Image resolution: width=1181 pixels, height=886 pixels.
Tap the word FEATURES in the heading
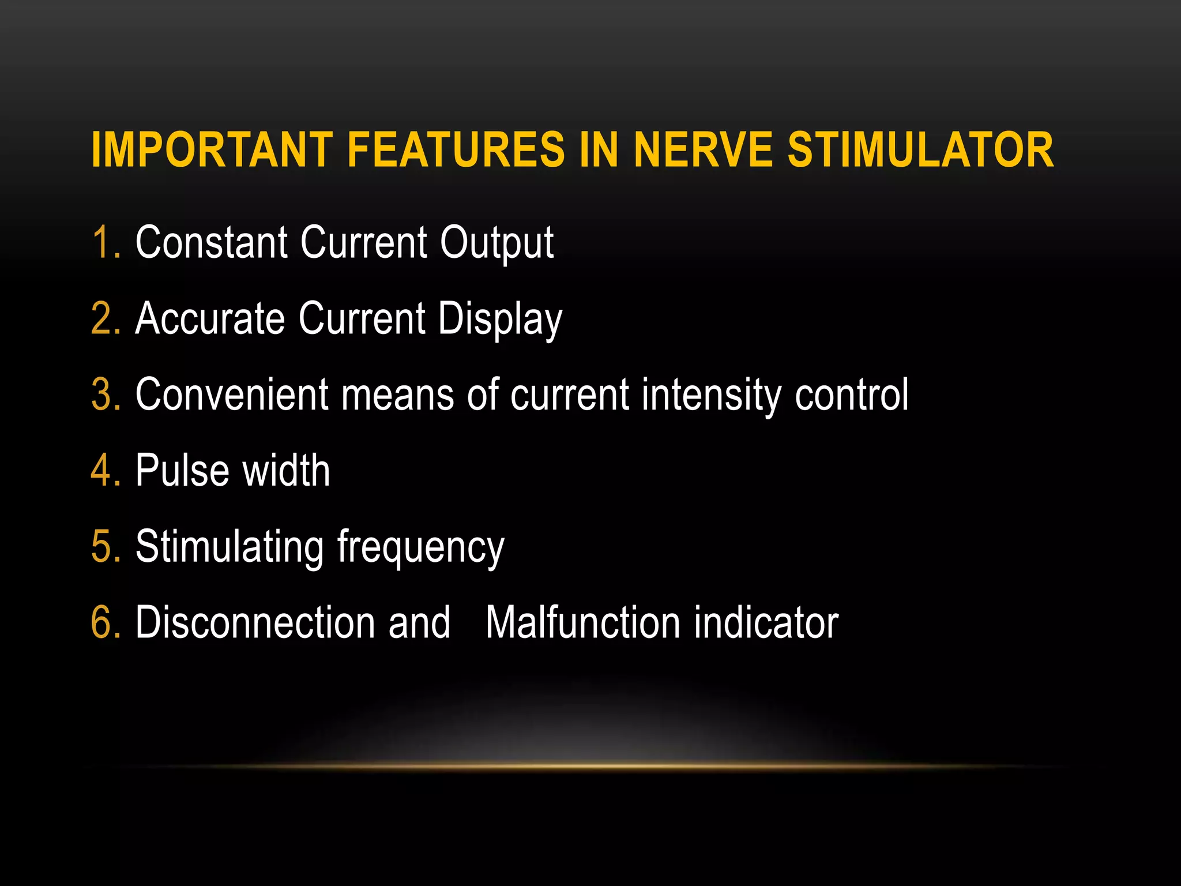[x=456, y=150]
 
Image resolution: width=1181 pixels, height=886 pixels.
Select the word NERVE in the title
[x=703, y=150]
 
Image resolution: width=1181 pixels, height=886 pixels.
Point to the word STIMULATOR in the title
[x=921, y=150]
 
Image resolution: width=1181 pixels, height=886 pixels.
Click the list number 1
[x=104, y=242]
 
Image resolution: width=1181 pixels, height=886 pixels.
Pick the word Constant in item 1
[x=210, y=242]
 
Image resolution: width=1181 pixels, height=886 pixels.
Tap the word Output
[x=497, y=243]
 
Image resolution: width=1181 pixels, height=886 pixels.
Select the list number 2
[x=106, y=318]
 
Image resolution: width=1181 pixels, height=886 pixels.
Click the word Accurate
[x=210, y=318]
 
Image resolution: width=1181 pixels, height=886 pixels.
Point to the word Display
[x=499, y=320]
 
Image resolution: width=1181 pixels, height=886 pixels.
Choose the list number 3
[x=106, y=395]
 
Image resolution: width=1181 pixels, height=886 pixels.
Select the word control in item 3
[x=851, y=395]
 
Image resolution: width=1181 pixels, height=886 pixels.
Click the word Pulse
[x=182, y=471]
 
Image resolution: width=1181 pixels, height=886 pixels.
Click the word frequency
[x=420, y=548]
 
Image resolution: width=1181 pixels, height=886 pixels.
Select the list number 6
[x=106, y=623]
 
